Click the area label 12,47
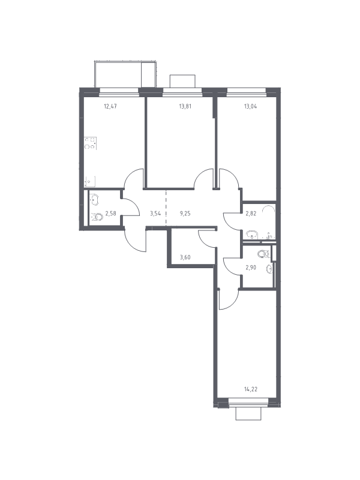pos(110,107)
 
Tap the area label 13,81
pos(185,107)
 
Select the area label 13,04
pos(250,107)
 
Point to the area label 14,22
pos(251,389)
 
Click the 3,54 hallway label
pos(155,214)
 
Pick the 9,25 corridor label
pos(185,214)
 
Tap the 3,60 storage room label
pos(185,257)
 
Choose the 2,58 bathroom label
pos(110,214)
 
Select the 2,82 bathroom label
pos(251,214)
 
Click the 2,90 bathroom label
pos(251,267)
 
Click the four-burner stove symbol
pos(91,143)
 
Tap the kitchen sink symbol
pos(89,182)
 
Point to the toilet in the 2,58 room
pos(97,218)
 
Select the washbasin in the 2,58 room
pos(95,200)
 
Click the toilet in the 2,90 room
pos(263,254)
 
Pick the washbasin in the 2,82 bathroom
pos(252,235)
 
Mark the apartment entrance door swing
pos(135,241)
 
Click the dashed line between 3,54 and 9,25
pos(166,208)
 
